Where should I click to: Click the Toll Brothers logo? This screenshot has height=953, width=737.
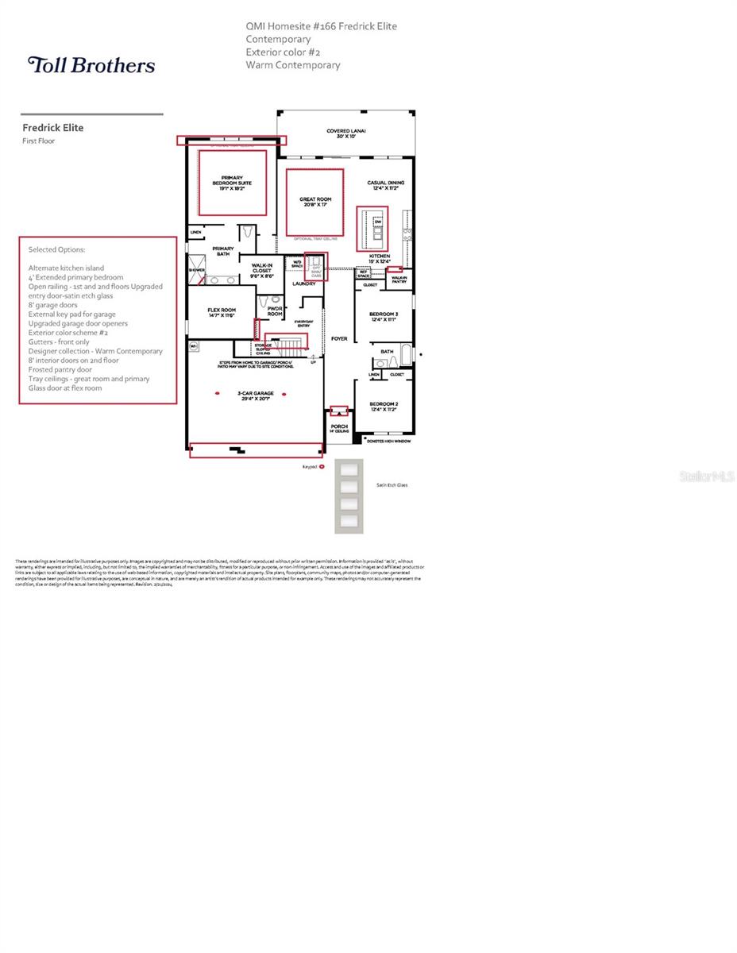pyautogui.click(x=91, y=64)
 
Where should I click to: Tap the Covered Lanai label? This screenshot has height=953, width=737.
pyautogui.click(x=345, y=134)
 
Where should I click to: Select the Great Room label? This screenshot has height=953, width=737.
pyautogui.click(x=315, y=203)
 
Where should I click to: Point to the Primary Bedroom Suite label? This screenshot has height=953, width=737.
pyautogui.click(x=232, y=183)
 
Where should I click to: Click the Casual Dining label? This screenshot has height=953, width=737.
pyautogui.click(x=382, y=185)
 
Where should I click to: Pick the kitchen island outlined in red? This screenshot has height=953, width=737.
pyautogui.click(x=372, y=229)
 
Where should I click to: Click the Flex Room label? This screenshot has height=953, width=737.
pyautogui.click(x=222, y=312)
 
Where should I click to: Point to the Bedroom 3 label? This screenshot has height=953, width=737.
pyautogui.click(x=384, y=317)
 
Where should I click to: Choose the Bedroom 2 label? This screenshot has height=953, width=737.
pyautogui.click(x=384, y=407)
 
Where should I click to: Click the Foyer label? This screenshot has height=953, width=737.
pyautogui.click(x=339, y=339)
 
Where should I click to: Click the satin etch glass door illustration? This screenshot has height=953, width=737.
pyautogui.click(x=349, y=496)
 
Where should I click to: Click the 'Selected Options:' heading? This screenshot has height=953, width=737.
pyautogui.click(x=56, y=249)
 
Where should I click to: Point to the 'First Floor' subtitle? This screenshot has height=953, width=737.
pyautogui.click(x=38, y=141)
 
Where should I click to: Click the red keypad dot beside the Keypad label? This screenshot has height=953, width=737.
pyautogui.click(x=322, y=467)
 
